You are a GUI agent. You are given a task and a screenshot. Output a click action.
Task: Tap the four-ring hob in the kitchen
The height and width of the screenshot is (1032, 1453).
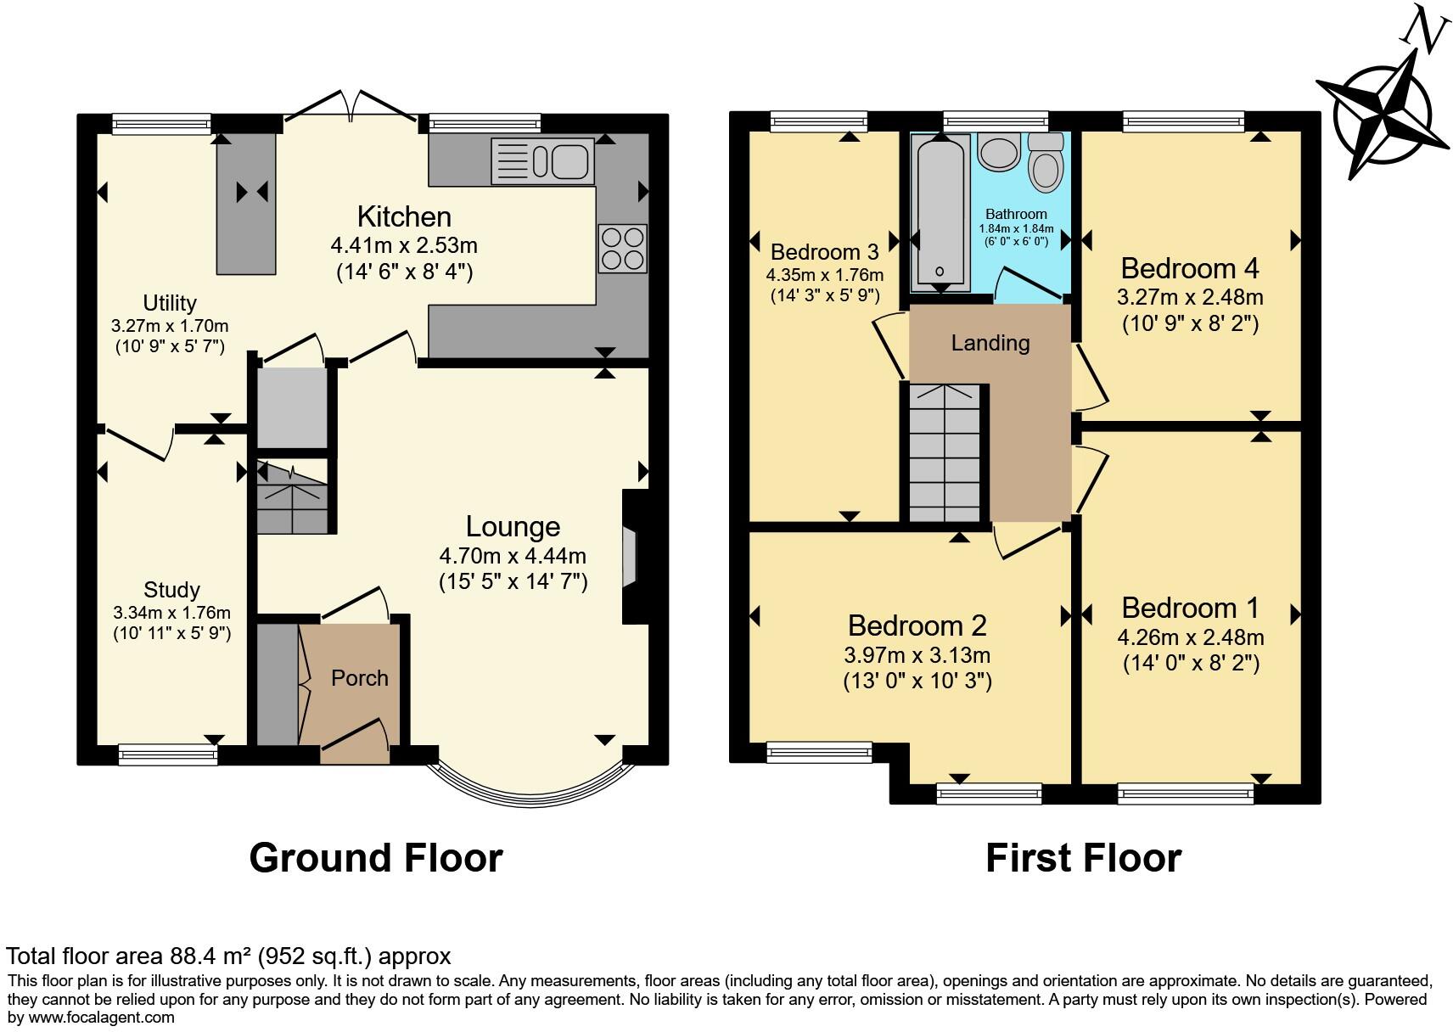pos(623,249)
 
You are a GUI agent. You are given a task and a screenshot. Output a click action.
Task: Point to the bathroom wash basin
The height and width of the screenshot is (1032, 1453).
pos(995,152)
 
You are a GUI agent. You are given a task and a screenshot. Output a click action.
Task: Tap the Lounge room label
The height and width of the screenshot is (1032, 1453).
pos(513,527)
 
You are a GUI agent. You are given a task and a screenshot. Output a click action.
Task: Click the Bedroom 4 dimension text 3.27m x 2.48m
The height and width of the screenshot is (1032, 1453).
pos(1190,297)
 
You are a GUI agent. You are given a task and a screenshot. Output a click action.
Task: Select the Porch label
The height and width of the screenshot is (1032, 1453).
pos(360,678)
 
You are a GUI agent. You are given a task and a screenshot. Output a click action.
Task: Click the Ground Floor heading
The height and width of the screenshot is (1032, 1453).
pos(376,858)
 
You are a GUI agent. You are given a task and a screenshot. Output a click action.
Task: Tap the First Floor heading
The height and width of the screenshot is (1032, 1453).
pos(1083,858)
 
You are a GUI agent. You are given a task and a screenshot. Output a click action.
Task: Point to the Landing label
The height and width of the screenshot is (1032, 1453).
pos(990,343)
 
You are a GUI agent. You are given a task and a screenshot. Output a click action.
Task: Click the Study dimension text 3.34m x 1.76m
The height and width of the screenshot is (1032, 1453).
pos(171,612)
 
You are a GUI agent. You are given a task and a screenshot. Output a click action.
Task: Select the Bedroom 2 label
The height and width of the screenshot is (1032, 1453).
pos(917,625)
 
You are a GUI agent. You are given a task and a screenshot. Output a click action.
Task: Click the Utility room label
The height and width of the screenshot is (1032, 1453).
pos(170,303)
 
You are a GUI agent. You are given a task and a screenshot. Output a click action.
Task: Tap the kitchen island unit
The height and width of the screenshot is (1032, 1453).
pos(247,206)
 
